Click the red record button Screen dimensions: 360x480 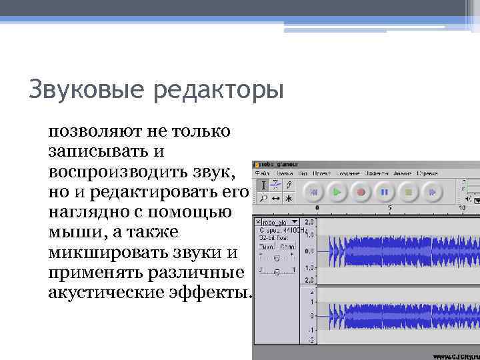click(x=361, y=192)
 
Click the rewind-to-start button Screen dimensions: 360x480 click(x=313, y=192)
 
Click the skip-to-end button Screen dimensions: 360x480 click(x=433, y=192)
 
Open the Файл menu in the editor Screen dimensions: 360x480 click(x=261, y=173)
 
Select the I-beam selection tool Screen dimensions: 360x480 click(x=263, y=185)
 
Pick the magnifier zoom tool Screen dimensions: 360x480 click(x=263, y=198)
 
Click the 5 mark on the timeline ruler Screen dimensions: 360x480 click(x=389, y=208)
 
